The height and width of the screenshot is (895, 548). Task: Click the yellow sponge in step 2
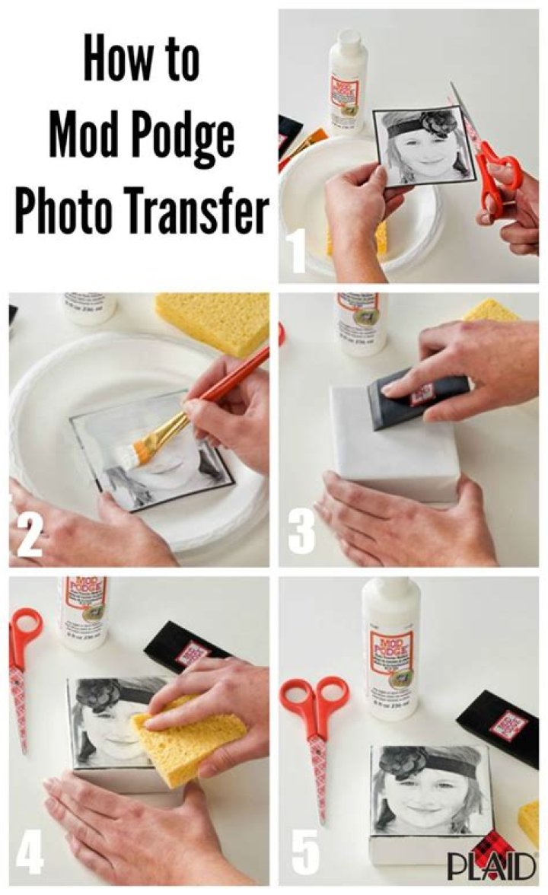[214, 320]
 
